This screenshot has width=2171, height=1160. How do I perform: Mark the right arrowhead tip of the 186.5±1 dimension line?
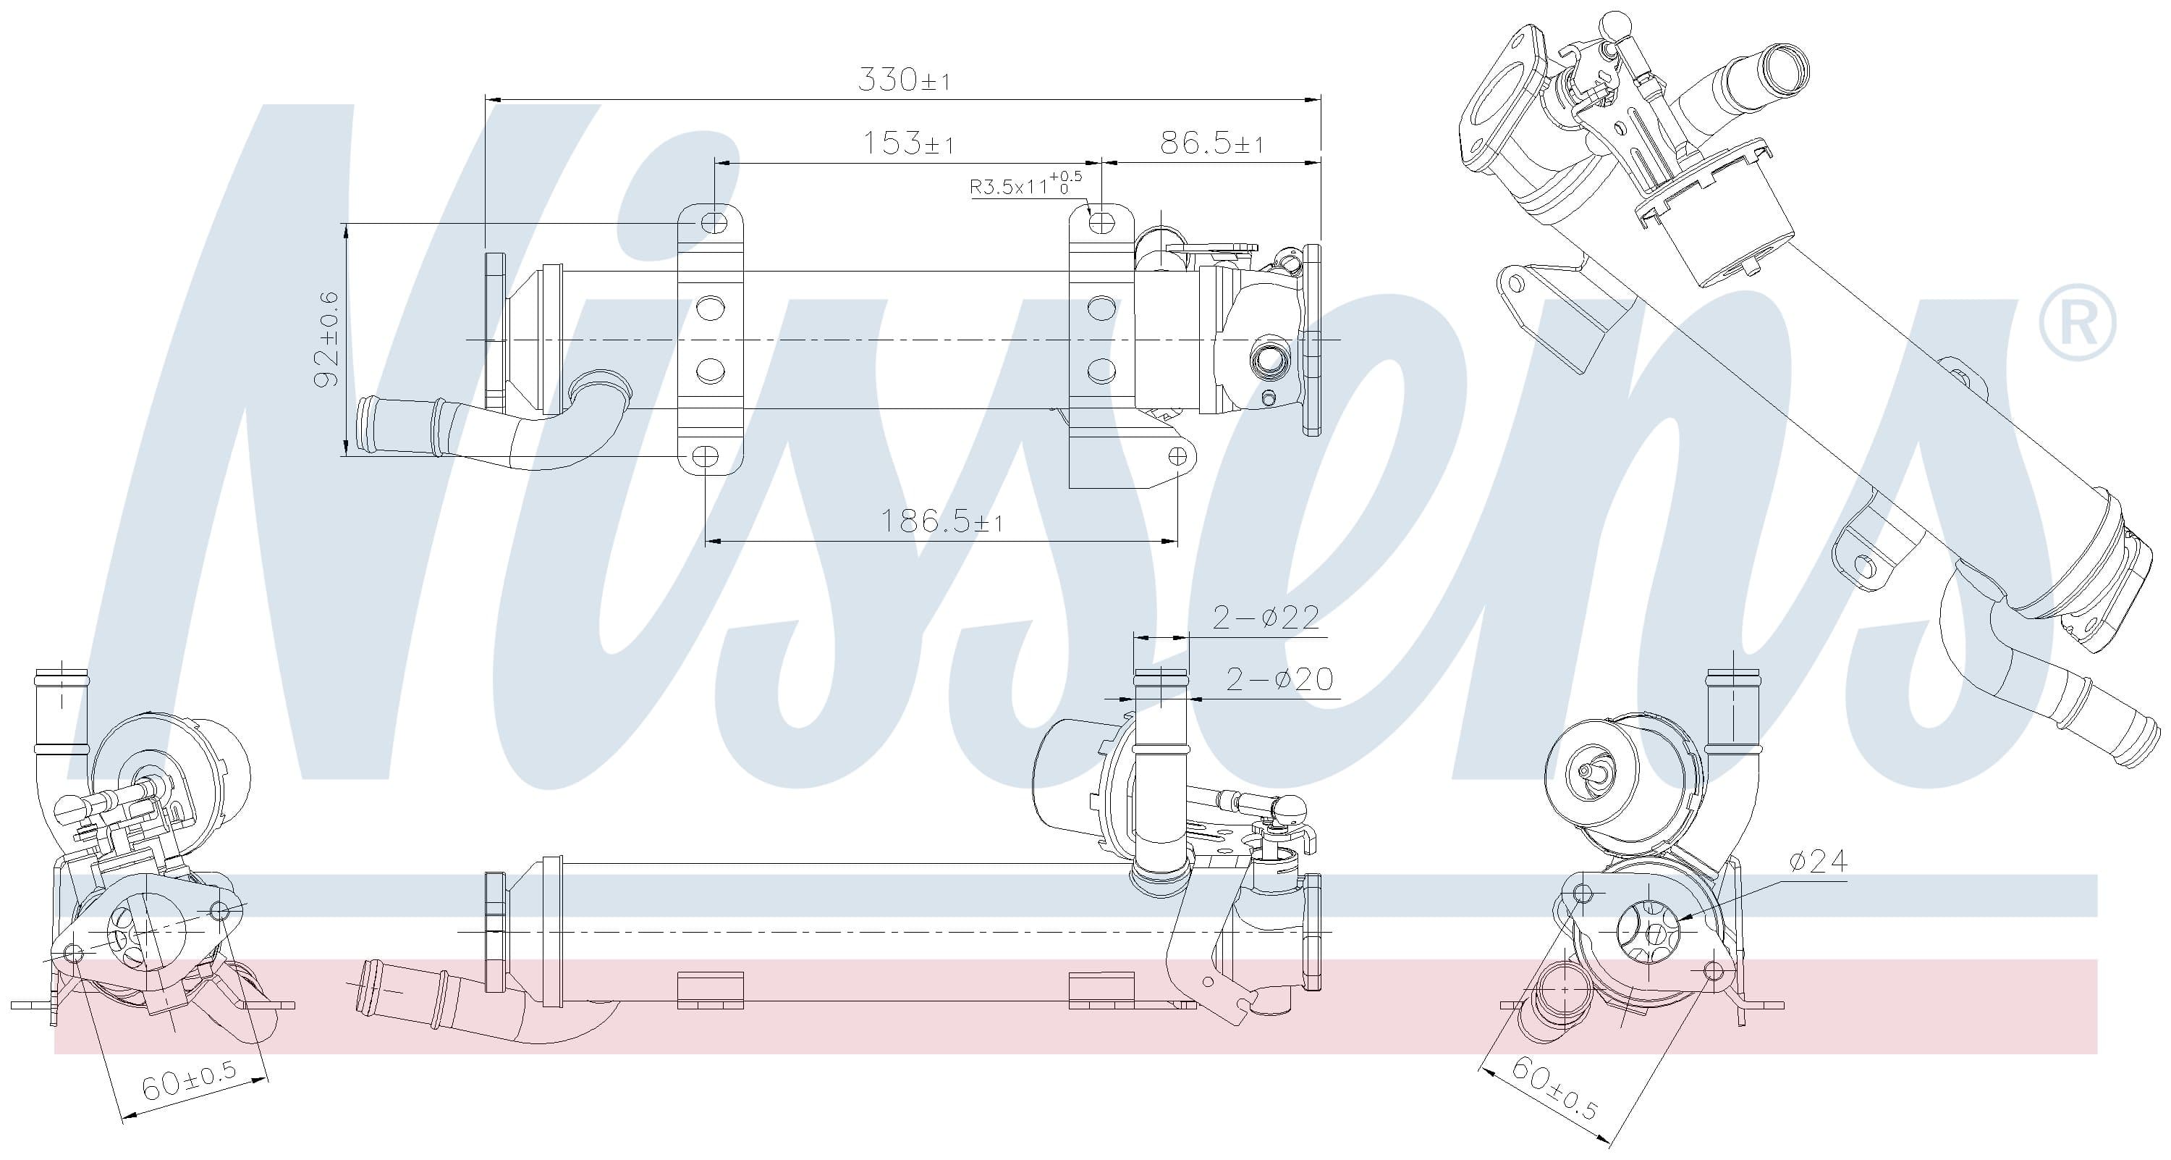[1177, 541]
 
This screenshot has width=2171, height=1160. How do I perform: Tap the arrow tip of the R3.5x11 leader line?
[1092, 214]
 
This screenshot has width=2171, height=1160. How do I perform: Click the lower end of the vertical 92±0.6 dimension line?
[345, 456]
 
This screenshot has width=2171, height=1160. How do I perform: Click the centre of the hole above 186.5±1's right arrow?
[1177, 457]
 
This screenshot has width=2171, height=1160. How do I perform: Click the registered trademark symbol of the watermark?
[2077, 324]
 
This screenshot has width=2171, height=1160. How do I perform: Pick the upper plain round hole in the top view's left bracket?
[711, 308]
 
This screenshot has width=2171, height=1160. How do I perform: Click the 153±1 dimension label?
[907, 143]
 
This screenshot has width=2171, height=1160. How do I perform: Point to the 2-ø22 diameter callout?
[1265, 618]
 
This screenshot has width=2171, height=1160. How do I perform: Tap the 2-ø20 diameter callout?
[1279, 678]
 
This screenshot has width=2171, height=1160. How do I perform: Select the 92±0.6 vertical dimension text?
[327, 340]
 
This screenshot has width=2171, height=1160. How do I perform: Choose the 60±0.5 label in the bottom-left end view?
[189, 1083]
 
